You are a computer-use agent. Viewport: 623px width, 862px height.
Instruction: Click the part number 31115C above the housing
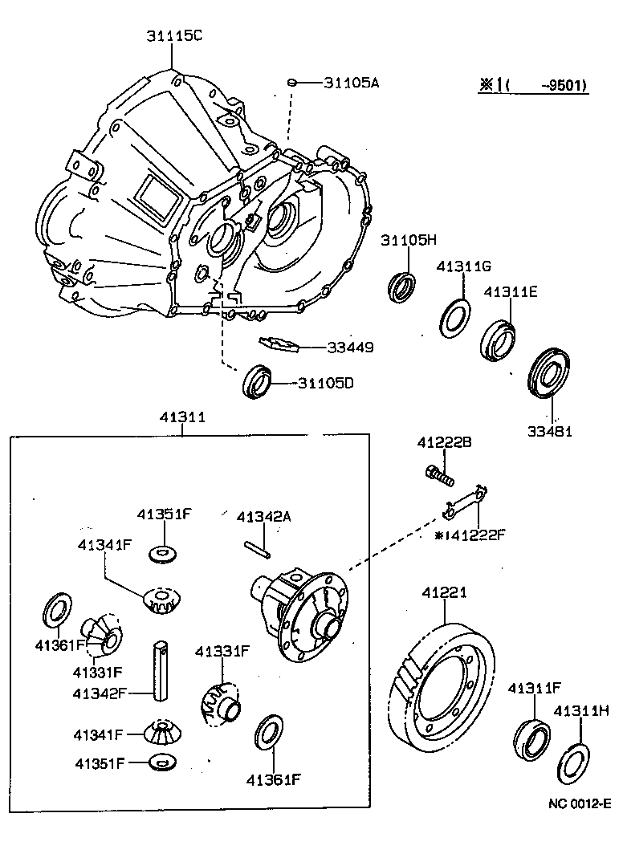[x=174, y=35]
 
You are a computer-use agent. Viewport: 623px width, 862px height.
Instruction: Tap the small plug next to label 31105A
[x=294, y=82]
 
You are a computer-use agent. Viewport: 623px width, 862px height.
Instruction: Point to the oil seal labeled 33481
[x=549, y=373]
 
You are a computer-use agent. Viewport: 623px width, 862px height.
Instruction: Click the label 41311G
[x=463, y=266]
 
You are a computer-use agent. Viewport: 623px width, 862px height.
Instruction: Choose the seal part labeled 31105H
[x=402, y=287]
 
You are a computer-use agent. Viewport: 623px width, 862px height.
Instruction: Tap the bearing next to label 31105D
[x=258, y=380]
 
